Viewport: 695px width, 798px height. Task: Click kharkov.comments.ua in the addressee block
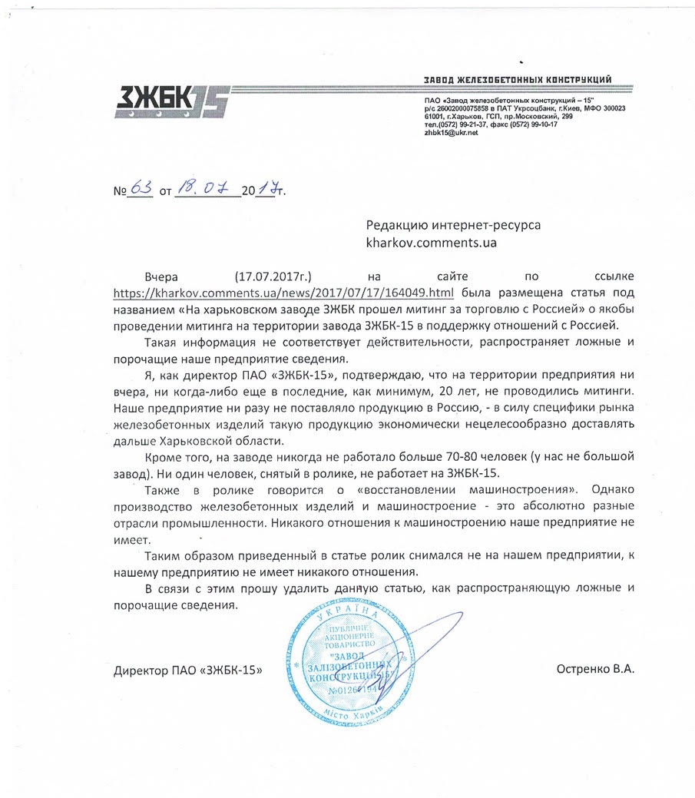coord(432,243)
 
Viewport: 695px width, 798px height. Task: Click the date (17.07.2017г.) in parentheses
coord(273,276)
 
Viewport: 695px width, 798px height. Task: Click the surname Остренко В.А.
coord(596,670)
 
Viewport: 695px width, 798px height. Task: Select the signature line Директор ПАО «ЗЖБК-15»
coord(187,670)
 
